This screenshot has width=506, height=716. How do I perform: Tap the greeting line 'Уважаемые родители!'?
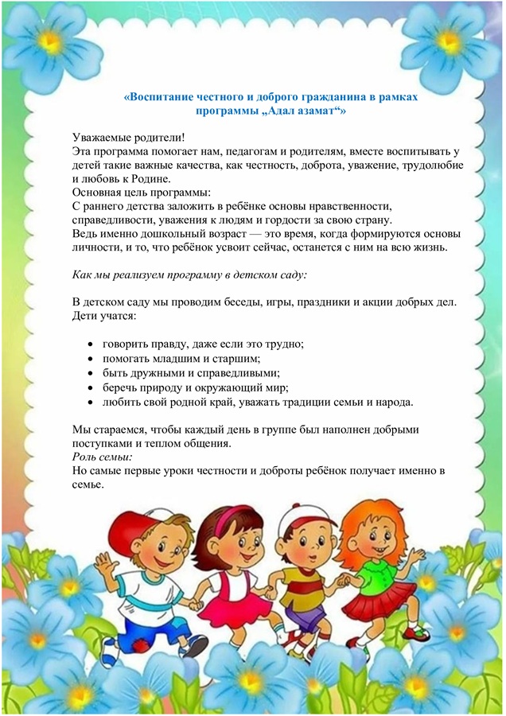[x=127, y=138]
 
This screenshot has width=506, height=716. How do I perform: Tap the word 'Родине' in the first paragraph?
[x=162, y=179]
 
